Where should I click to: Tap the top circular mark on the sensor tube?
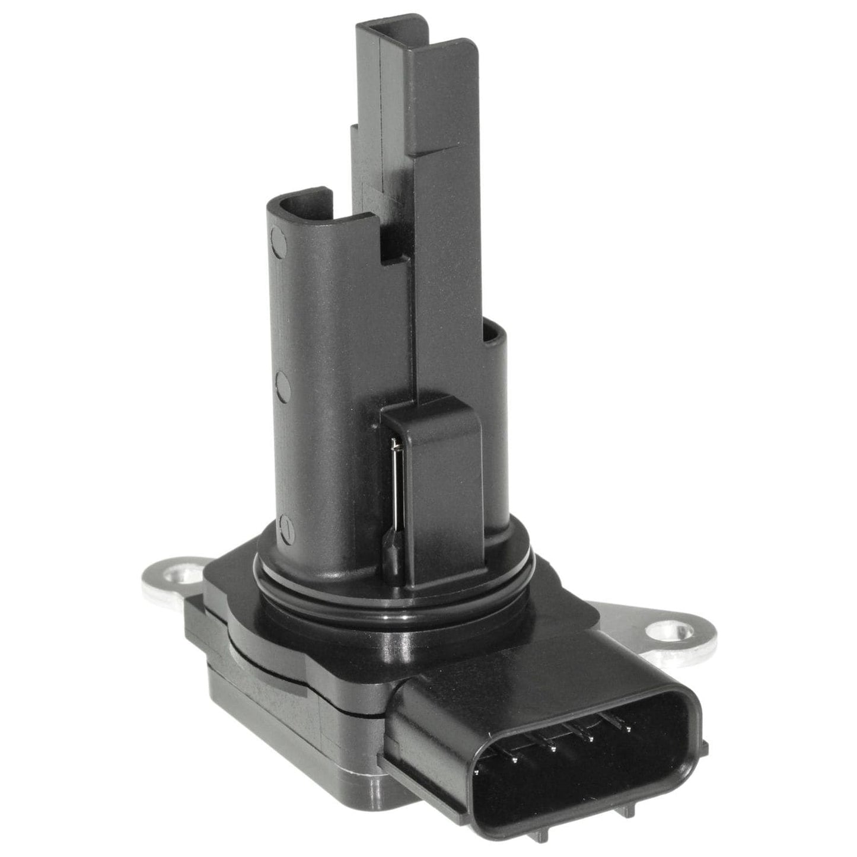[277, 238]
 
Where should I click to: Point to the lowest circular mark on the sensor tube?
[285, 525]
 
